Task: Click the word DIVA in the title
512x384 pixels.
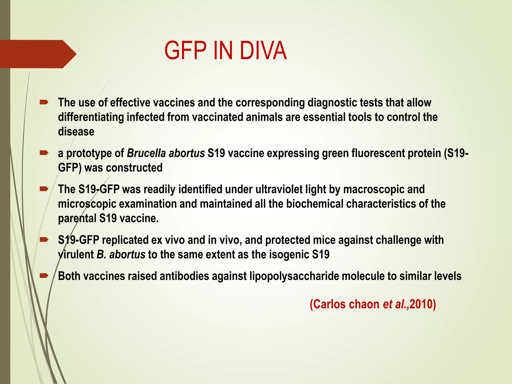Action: point(263,50)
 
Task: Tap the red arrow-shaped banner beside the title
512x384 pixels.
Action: point(37,54)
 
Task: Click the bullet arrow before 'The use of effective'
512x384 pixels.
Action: point(44,102)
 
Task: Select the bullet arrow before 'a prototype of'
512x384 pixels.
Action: point(44,153)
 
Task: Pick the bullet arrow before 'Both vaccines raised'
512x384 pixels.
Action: point(44,276)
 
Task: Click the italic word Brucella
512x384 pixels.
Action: point(146,153)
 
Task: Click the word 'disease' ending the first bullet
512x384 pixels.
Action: point(76,132)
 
